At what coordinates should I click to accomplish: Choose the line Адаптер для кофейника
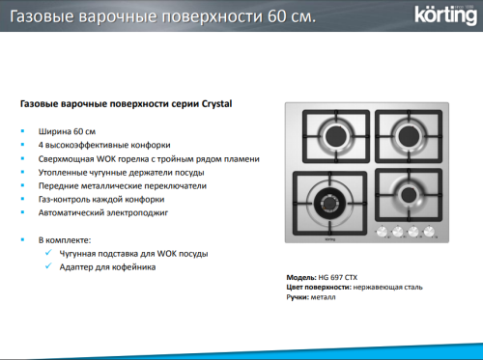coord(108,266)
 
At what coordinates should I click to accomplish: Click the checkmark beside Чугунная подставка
coord(49,253)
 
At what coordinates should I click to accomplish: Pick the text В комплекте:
coord(65,238)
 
